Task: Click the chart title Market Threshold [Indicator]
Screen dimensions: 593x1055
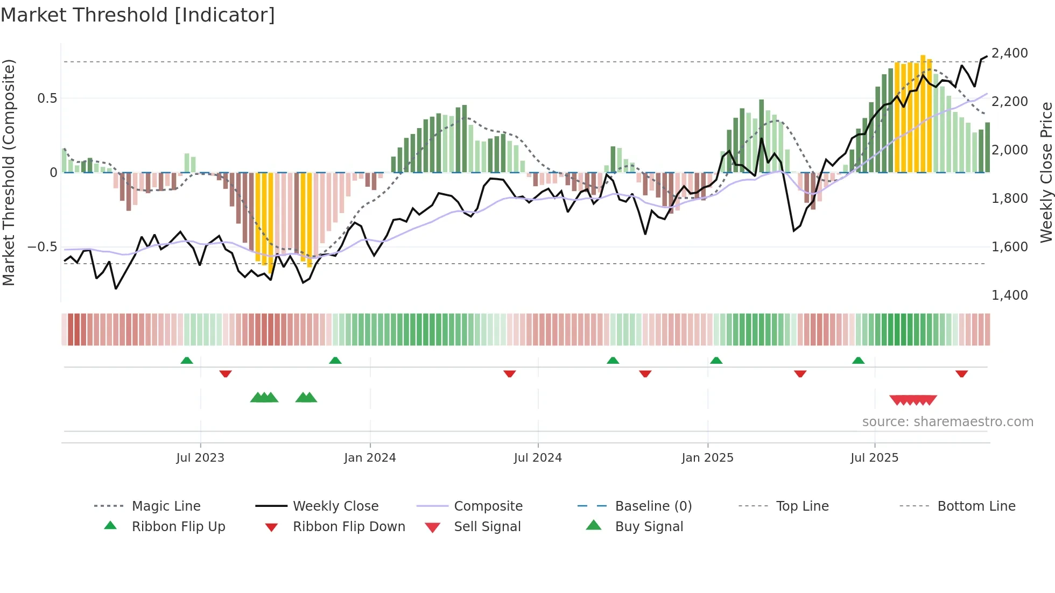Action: tap(138, 15)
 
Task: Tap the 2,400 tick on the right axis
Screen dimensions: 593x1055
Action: tap(1009, 53)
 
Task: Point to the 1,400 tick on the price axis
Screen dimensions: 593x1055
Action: tap(1009, 295)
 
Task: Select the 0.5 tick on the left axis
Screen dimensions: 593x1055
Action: tap(47, 98)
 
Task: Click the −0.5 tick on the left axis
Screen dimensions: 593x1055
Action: tap(43, 247)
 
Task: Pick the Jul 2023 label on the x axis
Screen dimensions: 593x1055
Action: tap(200, 458)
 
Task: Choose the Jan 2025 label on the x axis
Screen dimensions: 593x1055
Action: tap(707, 458)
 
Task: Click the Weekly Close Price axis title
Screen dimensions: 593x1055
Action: tap(1046, 172)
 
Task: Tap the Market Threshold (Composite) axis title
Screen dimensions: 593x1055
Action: tap(9, 172)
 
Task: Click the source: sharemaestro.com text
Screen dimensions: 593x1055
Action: tap(947, 422)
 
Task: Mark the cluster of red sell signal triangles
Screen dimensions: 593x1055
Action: tap(913, 400)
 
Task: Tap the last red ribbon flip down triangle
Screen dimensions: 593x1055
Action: tap(961, 373)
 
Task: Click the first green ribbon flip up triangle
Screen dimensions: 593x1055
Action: tap(187, 361)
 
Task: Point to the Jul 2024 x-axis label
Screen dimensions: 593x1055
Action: tap(538, 458)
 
